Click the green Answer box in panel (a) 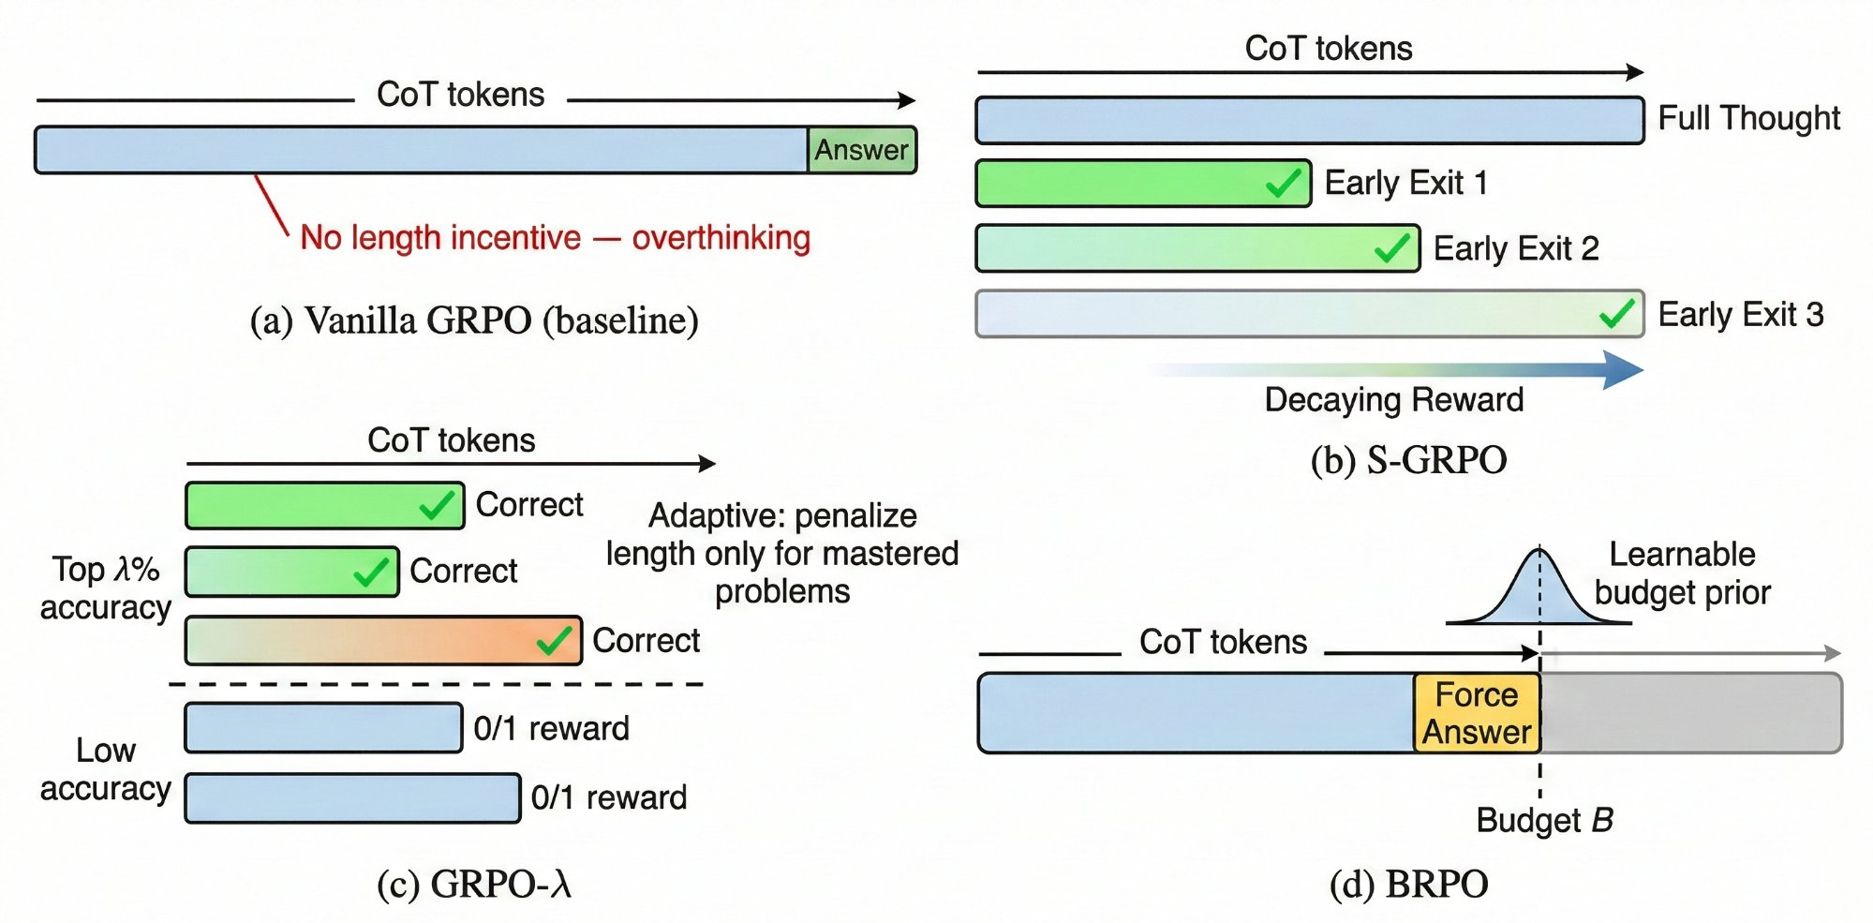(x=861, y=150)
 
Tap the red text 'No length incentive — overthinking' (x=555, y=238)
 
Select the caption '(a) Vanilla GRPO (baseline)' (x=474, y=320)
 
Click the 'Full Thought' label (x=1748, y=119)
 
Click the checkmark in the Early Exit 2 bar (x=1392, y=248)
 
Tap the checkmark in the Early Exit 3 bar (x=1617, y=313)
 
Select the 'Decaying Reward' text (x=1393, y=400)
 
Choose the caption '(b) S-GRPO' (x=1408, y=460)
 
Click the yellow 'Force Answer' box (x=1477, y=713)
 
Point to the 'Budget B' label (x=1544, y=820)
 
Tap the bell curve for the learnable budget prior (x=1539, y=590)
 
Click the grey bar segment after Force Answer (x=1691, y=713)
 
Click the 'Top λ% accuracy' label (x=105, y=588)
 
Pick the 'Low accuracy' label (x=105, y=769)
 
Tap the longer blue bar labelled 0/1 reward (x=352, y=798)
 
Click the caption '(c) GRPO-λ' (x=474, y=885)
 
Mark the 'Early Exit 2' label (x=1515, y=249)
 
